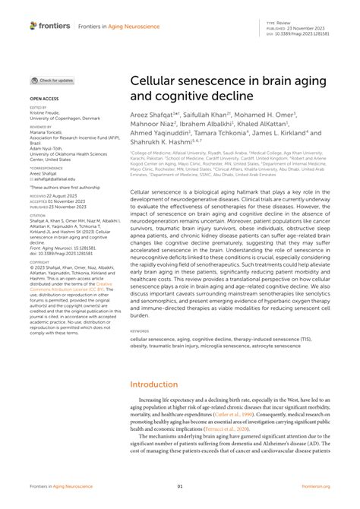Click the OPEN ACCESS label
[45, 99]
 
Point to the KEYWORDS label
[140, 330]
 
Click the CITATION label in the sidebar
[38, 215]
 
